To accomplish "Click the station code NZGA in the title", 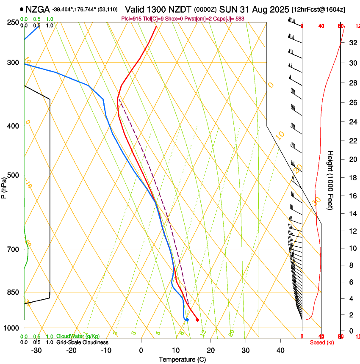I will pos(37,9).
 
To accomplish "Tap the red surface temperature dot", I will pos(197,320).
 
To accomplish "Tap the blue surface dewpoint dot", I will pos(187,320).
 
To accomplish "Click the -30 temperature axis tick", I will pos(36,350).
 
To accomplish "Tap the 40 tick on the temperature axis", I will pos(280,350).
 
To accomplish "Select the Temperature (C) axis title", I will pos(182,359).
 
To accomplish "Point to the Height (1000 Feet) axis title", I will pos(331,180).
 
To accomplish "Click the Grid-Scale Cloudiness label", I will pos(82,342).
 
